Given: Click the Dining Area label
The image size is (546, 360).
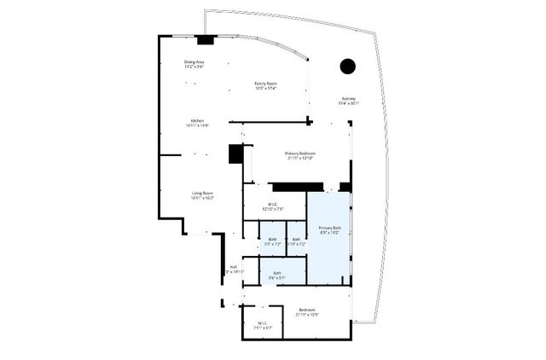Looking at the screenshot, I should (x=195, y=62).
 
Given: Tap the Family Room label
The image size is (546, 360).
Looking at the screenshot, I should (x=266, y=83).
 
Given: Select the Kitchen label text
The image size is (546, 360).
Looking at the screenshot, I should (x=197, y=121).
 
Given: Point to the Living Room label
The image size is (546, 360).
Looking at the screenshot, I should (x=201, y=194).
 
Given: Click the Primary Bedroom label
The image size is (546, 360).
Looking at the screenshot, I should (x=300, y=154).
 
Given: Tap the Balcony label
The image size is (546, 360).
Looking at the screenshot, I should (x=350, y=99).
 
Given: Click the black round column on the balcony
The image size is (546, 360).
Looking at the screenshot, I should (x=347, y=66).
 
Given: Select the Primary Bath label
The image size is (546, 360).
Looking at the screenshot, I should (x=330, y=228).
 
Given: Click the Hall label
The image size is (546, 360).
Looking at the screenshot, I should (x=232, y=267).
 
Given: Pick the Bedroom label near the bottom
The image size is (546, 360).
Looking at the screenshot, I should (x=307, y=309).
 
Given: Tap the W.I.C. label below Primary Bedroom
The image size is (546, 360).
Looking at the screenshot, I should (x=273, y=204).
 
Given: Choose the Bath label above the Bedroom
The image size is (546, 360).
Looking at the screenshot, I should (x=277, y=273).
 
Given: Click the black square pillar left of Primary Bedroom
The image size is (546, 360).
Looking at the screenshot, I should (x=236, y=154).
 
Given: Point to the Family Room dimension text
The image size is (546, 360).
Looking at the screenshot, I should (x=266, y=88).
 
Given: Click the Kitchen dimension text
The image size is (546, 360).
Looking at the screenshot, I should (x=197, y=126).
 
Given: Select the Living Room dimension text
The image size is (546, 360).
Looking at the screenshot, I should (x=201, y=199).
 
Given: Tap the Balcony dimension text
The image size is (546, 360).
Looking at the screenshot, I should (x=350, y=104).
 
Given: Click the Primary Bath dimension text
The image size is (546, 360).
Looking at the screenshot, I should (x=330, y=233).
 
